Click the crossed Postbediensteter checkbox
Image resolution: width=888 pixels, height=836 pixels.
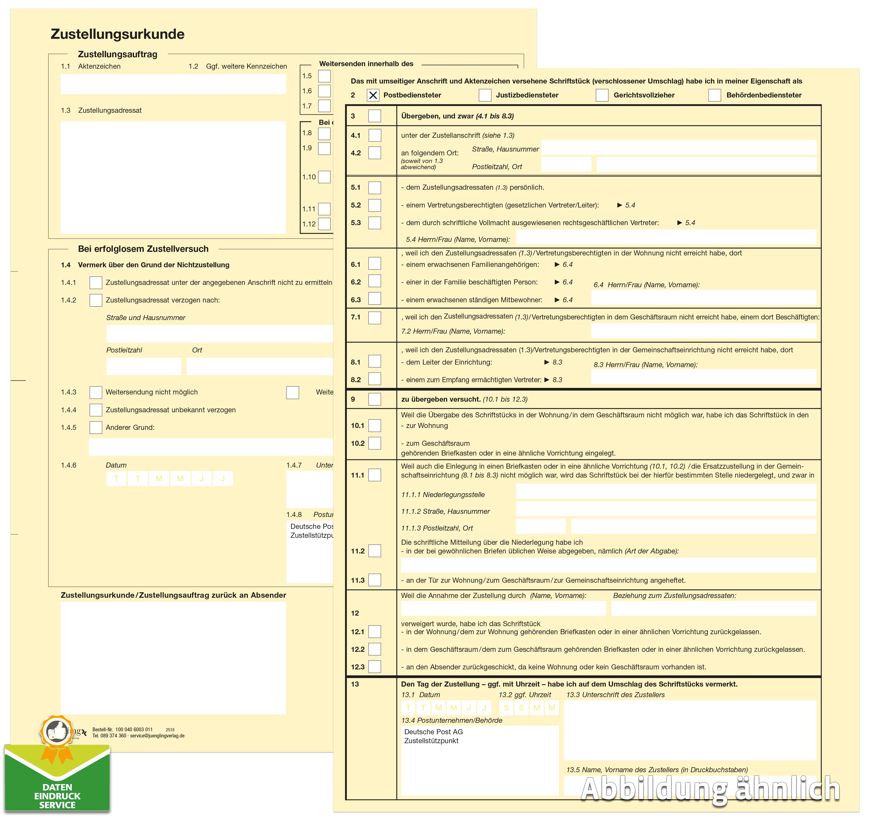point(373,95)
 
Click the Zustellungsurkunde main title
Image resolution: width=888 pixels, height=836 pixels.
point(117,34)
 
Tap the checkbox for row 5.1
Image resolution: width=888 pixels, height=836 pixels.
point(374,188)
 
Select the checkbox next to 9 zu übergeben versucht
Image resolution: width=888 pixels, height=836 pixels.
point(374,399)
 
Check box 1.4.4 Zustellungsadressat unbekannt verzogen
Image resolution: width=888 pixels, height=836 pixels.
point(96,410)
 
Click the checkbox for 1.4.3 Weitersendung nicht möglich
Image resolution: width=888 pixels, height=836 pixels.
point(96,392)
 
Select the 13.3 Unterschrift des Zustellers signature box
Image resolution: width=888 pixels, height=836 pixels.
point(690,730)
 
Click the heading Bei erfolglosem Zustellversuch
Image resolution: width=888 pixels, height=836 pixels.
point(143,249)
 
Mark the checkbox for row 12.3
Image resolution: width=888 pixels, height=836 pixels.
point(374,667)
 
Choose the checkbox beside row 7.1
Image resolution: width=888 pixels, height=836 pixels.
point(374,318)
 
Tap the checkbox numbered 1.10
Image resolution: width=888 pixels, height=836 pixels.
point(324,177)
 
